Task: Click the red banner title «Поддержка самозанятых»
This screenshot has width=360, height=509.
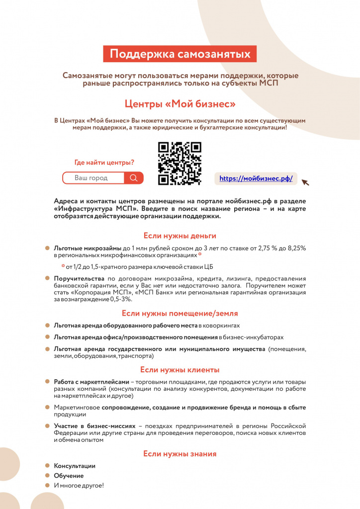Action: tap(180, 54)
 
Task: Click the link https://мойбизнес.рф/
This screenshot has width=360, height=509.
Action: tap(256, 179)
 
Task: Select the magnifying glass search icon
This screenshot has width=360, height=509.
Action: tap(133, 178)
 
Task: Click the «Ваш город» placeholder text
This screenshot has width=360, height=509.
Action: tap(91, 178)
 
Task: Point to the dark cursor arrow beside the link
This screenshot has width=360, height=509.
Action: tap(305, 182)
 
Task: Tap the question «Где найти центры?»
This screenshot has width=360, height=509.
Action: tap(104, 163)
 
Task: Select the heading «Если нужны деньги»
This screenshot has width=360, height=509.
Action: tap(180, 236)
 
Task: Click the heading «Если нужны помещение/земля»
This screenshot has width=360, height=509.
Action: tap(180, 313)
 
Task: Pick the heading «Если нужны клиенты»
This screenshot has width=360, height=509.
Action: tap(180, 370)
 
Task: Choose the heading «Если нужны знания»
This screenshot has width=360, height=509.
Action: tap(180, 454)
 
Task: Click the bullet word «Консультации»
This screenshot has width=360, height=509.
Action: tap(75, 466)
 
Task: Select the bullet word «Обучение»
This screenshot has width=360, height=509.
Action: tap(69, 476)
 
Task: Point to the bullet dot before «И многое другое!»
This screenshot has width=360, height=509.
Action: tap(48, 485)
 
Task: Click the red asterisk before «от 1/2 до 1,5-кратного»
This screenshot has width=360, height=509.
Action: tap(63, 266)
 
